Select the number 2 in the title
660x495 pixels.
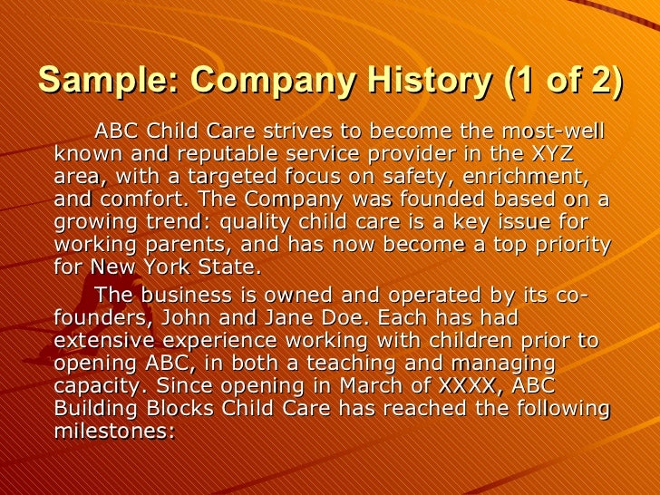(599, 82)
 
